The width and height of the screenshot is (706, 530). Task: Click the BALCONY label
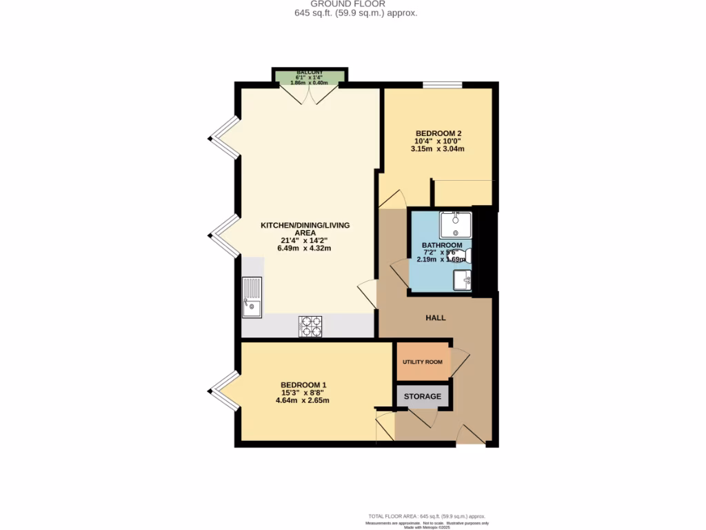pyautogui.click(x=309, y=72)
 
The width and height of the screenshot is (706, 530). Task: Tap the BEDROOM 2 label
pyautogui.click(x=438, y=133)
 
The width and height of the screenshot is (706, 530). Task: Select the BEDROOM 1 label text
pyautogui.click(x=303, y=385)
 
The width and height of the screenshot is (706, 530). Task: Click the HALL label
pyautogui.click(x=436, y=318)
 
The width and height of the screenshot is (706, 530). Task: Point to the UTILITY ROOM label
pyautogui.click(x=422, y=362)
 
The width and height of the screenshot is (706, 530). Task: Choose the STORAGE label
pyautogui.click(x=422, y=396)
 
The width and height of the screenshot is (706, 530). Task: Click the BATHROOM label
pyautogui.click(x=442, y=245)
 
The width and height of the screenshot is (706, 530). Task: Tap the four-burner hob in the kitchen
pyautogui.click(x=310, y=326)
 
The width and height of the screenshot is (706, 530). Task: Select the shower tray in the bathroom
pyautogui.click(x=456, y=225)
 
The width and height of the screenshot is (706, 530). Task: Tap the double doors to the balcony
pyautogui.click(x=309, y=94)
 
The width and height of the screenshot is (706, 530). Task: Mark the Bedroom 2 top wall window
pyautogui.click(x=442, y=85)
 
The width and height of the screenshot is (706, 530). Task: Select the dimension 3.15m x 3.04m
pyautogui.click(x=438, y=149)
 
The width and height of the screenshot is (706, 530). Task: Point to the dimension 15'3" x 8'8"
pyautogui.click(x=303, y=393)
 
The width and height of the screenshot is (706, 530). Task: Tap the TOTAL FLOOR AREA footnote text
pyautogui.click(x=427, y=516)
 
